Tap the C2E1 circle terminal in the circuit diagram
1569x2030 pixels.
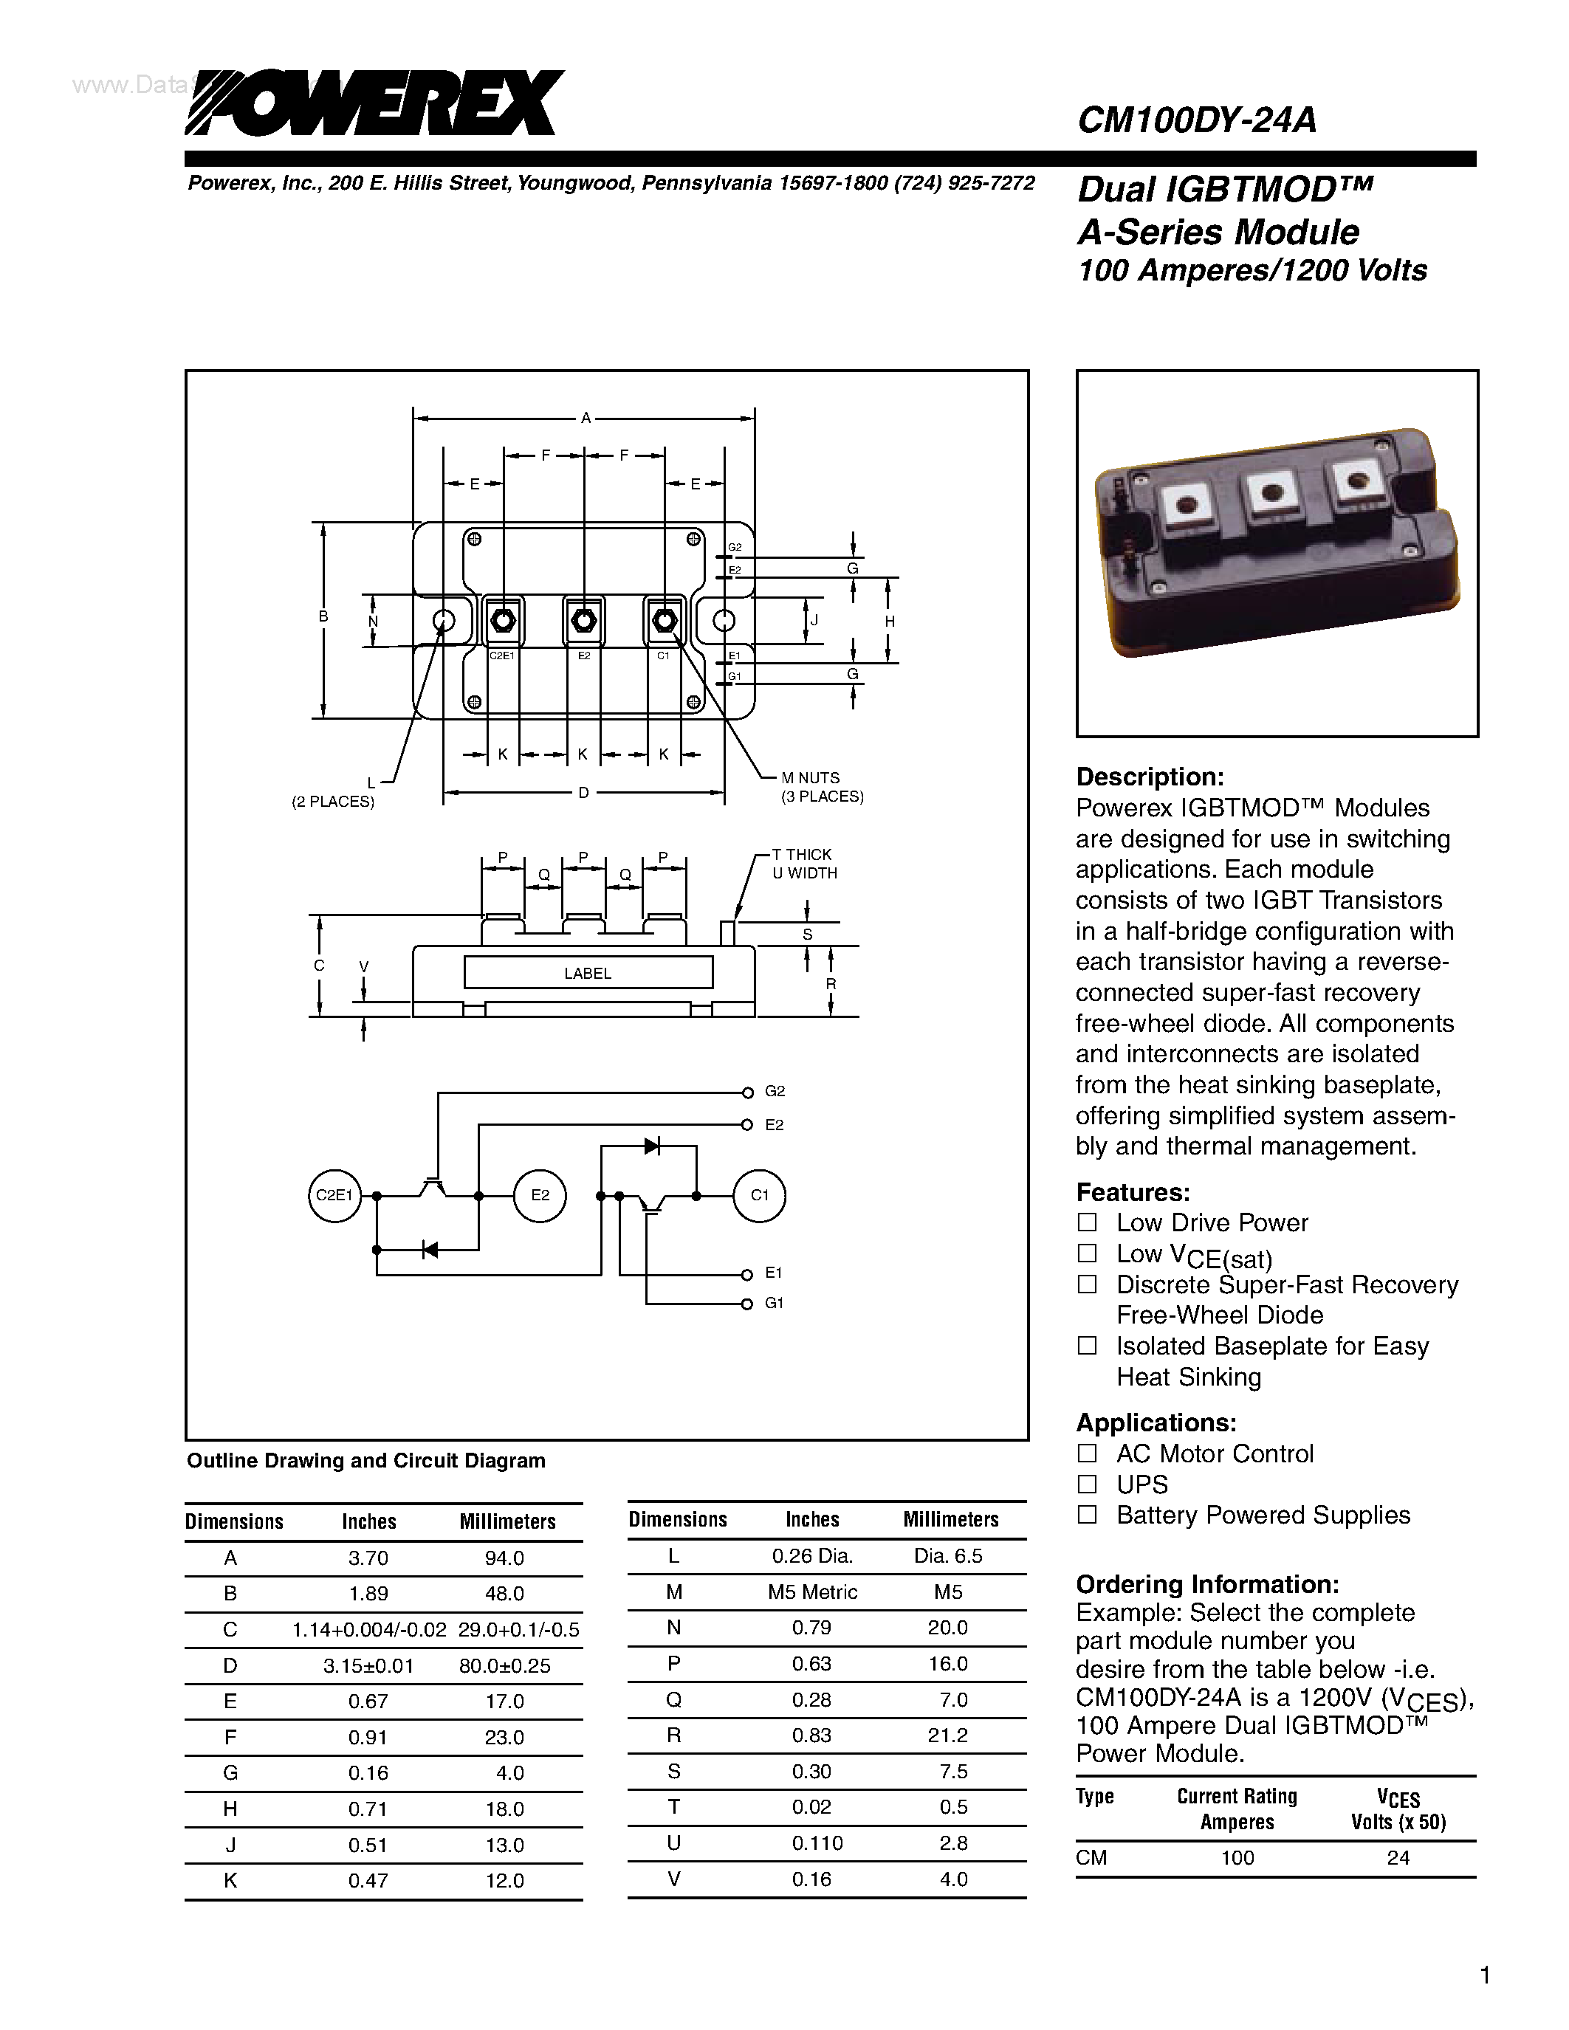click(334, 1195)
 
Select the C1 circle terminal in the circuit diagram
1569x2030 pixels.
click(760, 1195)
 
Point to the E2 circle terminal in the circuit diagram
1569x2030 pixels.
click(540, 1195)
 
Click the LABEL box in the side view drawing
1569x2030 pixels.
click(588, 973)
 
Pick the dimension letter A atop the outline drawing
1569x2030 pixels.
click(586, 419)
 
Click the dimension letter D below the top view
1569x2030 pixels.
click(584, 793)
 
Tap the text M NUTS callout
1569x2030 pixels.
click(809, 778)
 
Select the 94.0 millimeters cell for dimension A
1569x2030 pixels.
click(505, 1558)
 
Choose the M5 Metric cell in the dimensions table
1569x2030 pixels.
click(812, 1592)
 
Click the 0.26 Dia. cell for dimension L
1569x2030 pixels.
click(812, 1556)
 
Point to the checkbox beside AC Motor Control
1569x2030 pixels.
click(1087, 1453)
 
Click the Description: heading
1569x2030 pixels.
click(1150, 777)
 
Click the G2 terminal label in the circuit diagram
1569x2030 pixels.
click(775, 1091)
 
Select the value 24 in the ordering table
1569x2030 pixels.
click(1398, 1857)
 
